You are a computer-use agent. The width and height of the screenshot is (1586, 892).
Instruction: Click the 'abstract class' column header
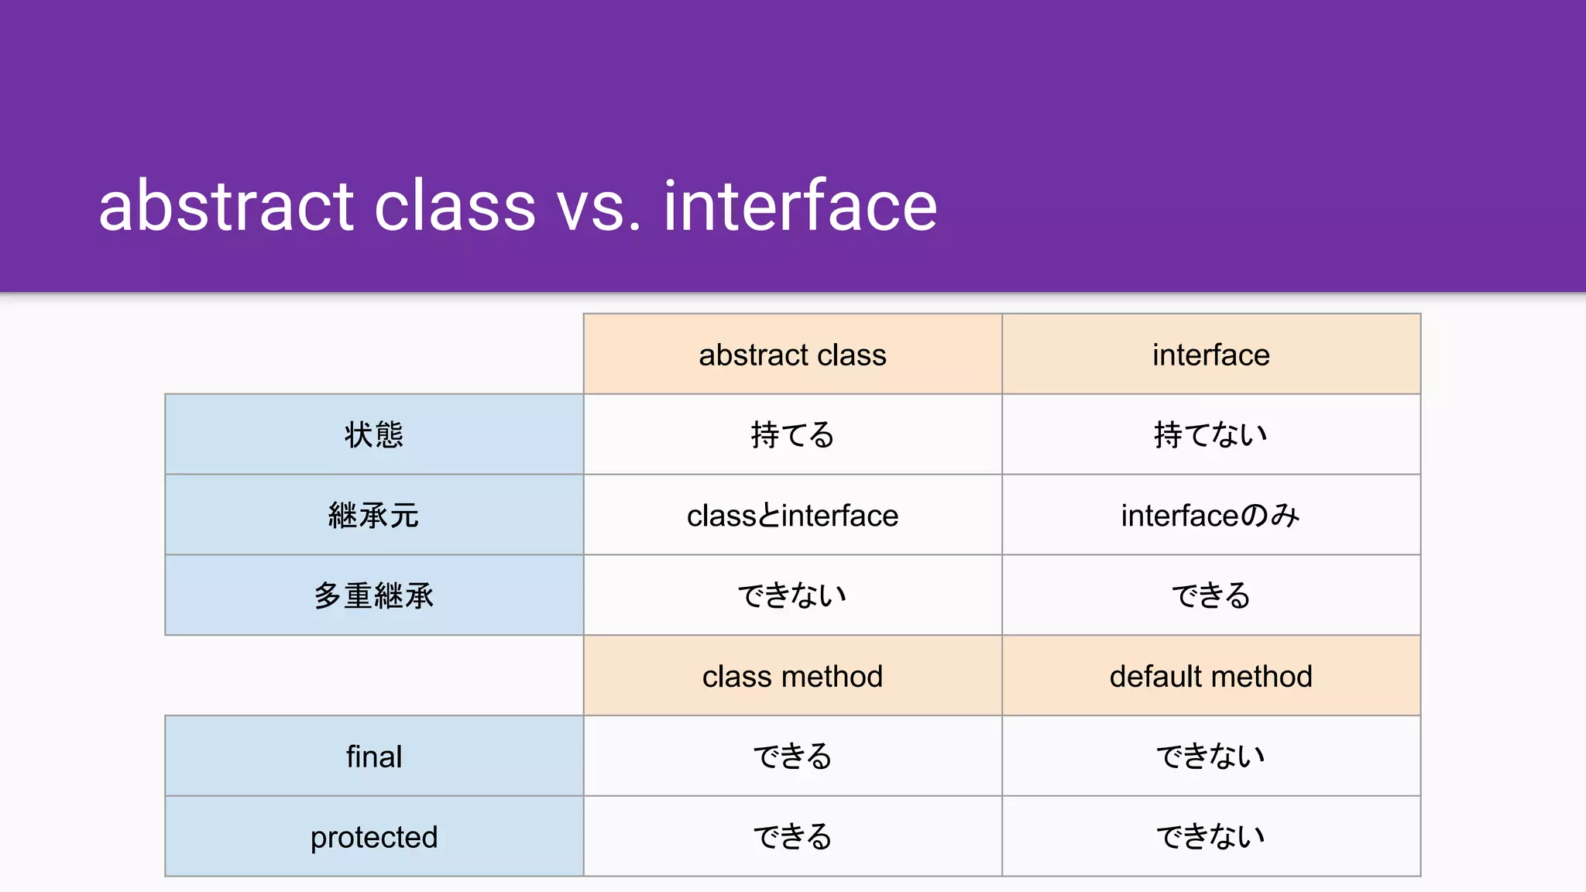click(792, 355)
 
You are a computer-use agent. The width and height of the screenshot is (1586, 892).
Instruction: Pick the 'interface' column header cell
click(1210, 355)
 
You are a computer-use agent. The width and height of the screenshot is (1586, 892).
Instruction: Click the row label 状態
click(374, 434)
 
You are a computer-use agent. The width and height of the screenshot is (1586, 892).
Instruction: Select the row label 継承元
click(374, 515)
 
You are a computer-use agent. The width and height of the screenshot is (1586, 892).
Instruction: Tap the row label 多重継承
click(374, 595)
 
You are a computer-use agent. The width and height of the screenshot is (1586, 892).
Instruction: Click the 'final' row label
click(374, 756)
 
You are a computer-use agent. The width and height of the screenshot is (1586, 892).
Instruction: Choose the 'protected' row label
click(374, 837)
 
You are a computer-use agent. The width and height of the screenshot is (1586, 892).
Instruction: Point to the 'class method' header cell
click(792, 676)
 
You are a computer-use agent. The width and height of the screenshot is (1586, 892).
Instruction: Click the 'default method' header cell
click(1210, 676)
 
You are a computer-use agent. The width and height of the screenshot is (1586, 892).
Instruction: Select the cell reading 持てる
click(792, 434)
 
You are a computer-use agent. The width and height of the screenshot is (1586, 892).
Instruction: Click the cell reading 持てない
click(1210, 434)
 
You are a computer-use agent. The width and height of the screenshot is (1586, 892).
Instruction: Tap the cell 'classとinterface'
click(792, 515)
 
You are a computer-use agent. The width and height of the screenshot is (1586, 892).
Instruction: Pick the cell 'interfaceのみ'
click(1210, 515)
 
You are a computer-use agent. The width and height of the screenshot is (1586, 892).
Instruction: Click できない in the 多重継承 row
click(792, 595)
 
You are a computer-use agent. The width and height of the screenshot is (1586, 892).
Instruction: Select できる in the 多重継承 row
click(1210, 595)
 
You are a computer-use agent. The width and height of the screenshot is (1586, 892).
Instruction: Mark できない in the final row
click(1210, 756)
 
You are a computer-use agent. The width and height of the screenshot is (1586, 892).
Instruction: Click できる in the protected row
click(792, 837)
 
